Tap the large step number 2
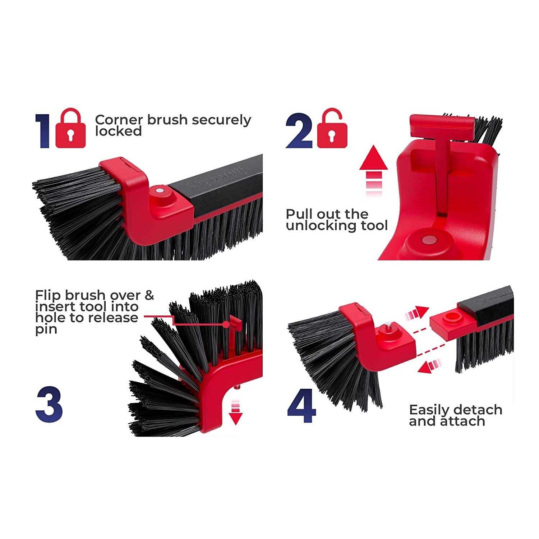tap(299, 130)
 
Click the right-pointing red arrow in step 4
tap(417, 314)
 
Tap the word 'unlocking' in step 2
tap(319, 226)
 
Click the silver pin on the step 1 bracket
tap(160, 190)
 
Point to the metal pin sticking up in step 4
tap(389, 327)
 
